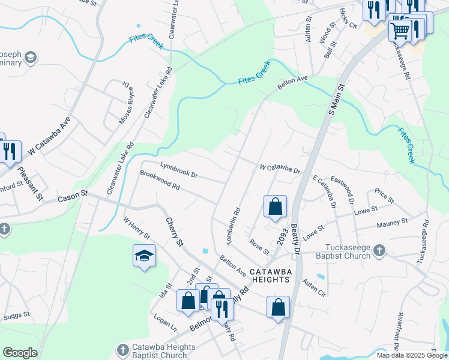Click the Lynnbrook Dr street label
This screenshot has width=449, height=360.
point(178,169)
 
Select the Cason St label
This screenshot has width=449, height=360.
point(73,196)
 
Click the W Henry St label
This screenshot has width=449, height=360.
point(136,229)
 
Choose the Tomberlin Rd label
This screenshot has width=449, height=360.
point(233,226)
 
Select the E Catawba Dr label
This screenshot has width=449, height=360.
point(324,192)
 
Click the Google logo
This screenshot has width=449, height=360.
point(20,353)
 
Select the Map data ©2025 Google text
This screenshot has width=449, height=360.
point(411,355)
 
